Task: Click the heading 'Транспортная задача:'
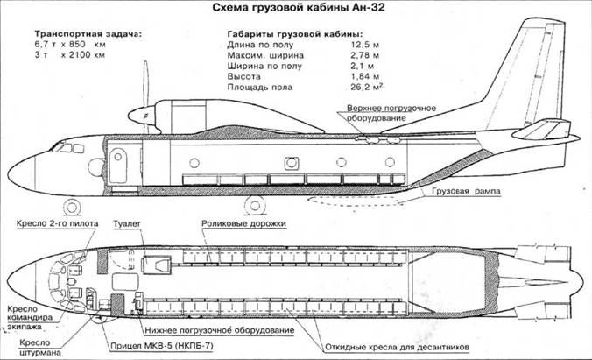[x=86, y=36]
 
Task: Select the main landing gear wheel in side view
[x=254, y=206]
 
